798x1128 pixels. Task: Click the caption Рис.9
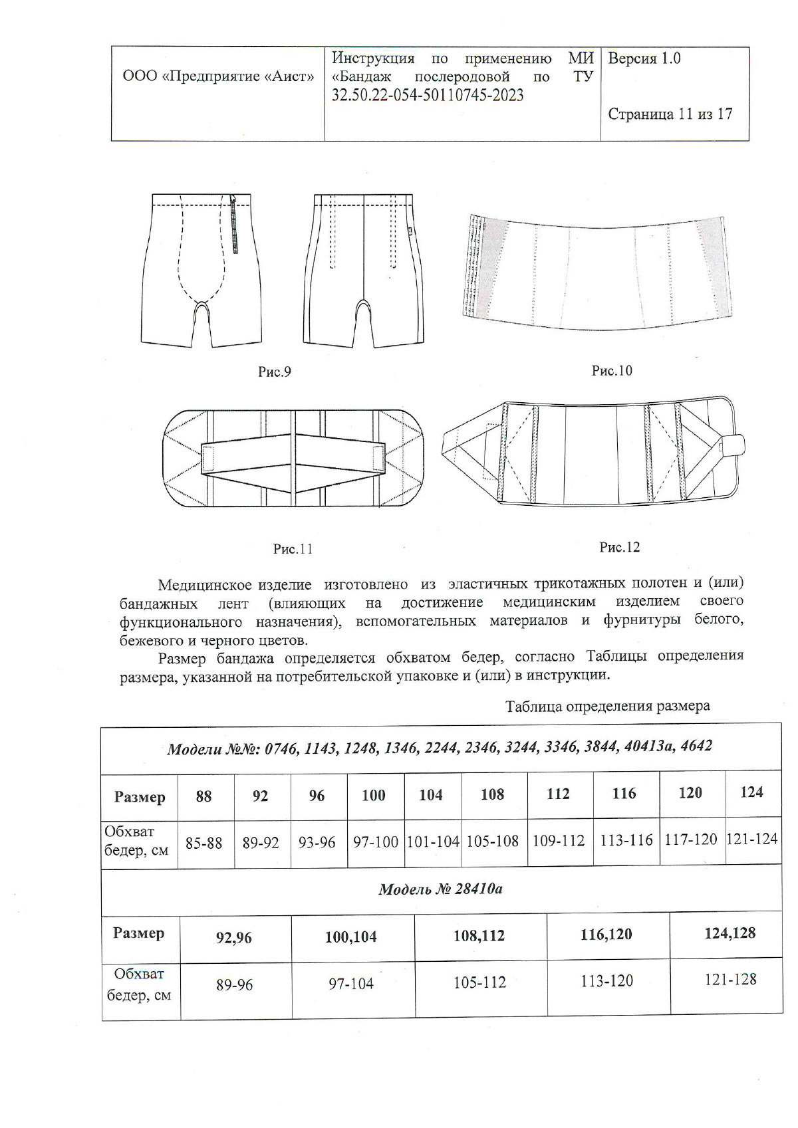coord(275,372)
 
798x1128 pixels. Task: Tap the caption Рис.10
coord(612,371)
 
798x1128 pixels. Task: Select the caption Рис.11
coord(293,549)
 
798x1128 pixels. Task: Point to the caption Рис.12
coord(619,547)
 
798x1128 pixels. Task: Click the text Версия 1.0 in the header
coord(644,58)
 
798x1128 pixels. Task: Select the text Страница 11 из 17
coord(670,114)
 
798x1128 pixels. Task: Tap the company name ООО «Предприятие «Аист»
coord(218,76)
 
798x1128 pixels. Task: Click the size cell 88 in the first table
coord(203,796)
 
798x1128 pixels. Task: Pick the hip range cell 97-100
coord(375,842)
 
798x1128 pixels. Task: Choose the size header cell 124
coord(751,792)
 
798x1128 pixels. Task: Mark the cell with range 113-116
coord(626,840)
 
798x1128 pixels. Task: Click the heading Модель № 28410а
coord(440,889)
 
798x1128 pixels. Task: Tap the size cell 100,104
coord(351,937)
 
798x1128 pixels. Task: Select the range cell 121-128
coord(730,980)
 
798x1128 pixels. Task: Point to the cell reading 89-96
coord(234,985)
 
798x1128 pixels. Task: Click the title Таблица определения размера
coord(607,706)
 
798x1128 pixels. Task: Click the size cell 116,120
coord(606,935)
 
